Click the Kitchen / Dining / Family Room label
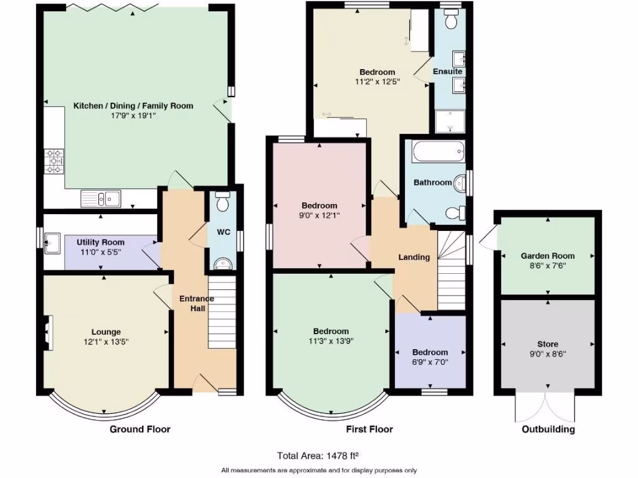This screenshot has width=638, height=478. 133,106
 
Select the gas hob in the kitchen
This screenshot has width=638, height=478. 54,161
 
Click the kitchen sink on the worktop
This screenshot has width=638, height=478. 101,199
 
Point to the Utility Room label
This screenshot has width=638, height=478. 100,242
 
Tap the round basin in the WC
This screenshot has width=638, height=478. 221,265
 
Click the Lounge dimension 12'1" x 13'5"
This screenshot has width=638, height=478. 107,342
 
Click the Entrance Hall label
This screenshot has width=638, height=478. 196,303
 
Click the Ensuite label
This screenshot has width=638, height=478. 447,72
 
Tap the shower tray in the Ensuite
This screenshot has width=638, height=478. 451,122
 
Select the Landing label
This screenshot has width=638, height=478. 414,257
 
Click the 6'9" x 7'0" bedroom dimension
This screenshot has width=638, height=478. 430,362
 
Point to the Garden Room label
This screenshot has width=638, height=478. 548,256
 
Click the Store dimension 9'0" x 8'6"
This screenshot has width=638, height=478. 548,354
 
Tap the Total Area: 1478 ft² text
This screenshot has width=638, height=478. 319,456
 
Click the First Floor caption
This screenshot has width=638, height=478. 369,429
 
